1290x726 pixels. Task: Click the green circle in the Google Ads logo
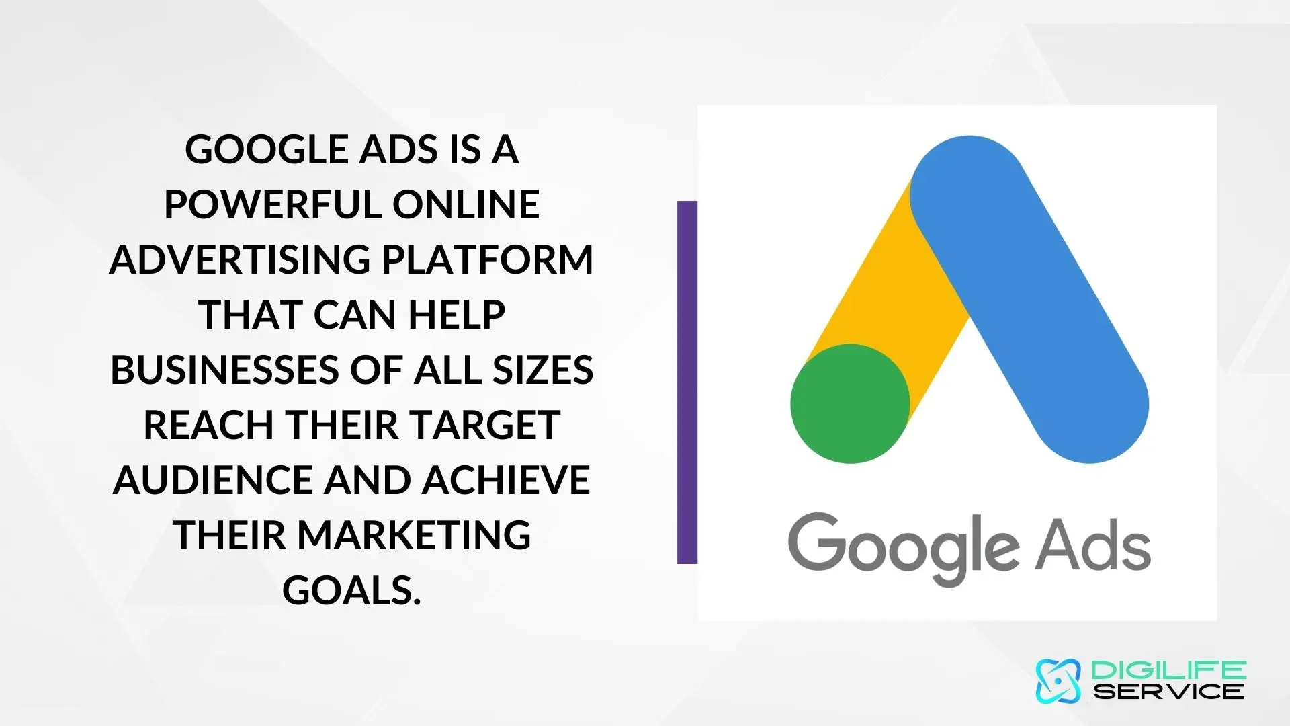tap(850, 403)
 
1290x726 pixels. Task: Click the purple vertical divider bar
tap(687, 382)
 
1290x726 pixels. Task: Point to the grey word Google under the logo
tap(904, 548)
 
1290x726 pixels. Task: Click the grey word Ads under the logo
tap(1092, 544)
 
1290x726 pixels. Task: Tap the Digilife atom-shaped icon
tap(1058, 681)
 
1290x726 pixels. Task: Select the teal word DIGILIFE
tap(1169, 670)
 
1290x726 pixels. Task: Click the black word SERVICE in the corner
tap(1169, 691)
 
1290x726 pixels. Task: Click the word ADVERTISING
tap(240, 259)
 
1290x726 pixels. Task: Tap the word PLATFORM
tap(488, 259)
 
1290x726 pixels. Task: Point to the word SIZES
tap(543, 370)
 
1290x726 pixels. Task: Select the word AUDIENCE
tap(214, 480)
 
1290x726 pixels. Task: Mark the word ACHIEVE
tap(507, 480)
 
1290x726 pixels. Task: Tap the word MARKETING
tap(414, 535)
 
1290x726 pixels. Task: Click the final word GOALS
tap(351, 590)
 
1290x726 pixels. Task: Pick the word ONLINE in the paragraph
tap(466, 204)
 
